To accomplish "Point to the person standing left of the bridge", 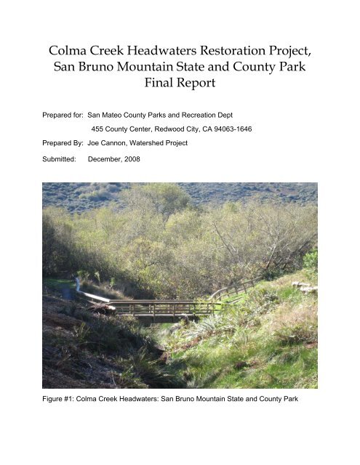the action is tap(76, 285).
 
